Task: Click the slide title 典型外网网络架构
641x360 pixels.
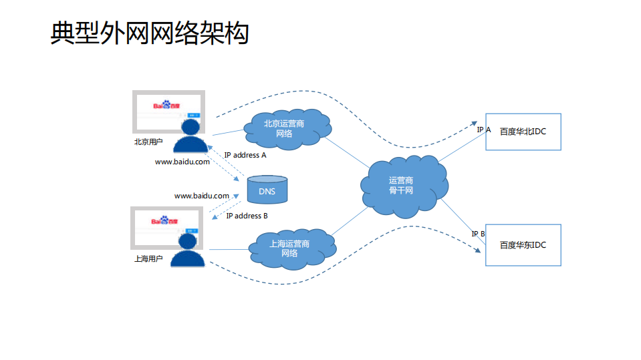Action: coord(150,33)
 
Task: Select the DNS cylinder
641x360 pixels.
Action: coord(267,190)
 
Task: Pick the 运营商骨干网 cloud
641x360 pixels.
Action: coord(401,186)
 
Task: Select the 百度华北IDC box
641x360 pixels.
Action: coord(523,132)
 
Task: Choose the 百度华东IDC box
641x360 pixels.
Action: coord(523,245)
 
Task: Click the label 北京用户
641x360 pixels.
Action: coord(148,142)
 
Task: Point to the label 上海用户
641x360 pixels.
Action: coord(148,258)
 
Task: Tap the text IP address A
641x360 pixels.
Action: coord(245,155)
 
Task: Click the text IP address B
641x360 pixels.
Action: coord(247,216)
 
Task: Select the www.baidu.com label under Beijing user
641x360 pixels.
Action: coord(182,162)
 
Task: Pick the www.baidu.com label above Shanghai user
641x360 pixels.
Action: coord(202,196)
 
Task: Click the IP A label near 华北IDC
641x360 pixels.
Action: coord(484,130)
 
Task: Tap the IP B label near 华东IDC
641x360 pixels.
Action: coord(478,234)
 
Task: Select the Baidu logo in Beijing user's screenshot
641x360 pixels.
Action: coord(166,106)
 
